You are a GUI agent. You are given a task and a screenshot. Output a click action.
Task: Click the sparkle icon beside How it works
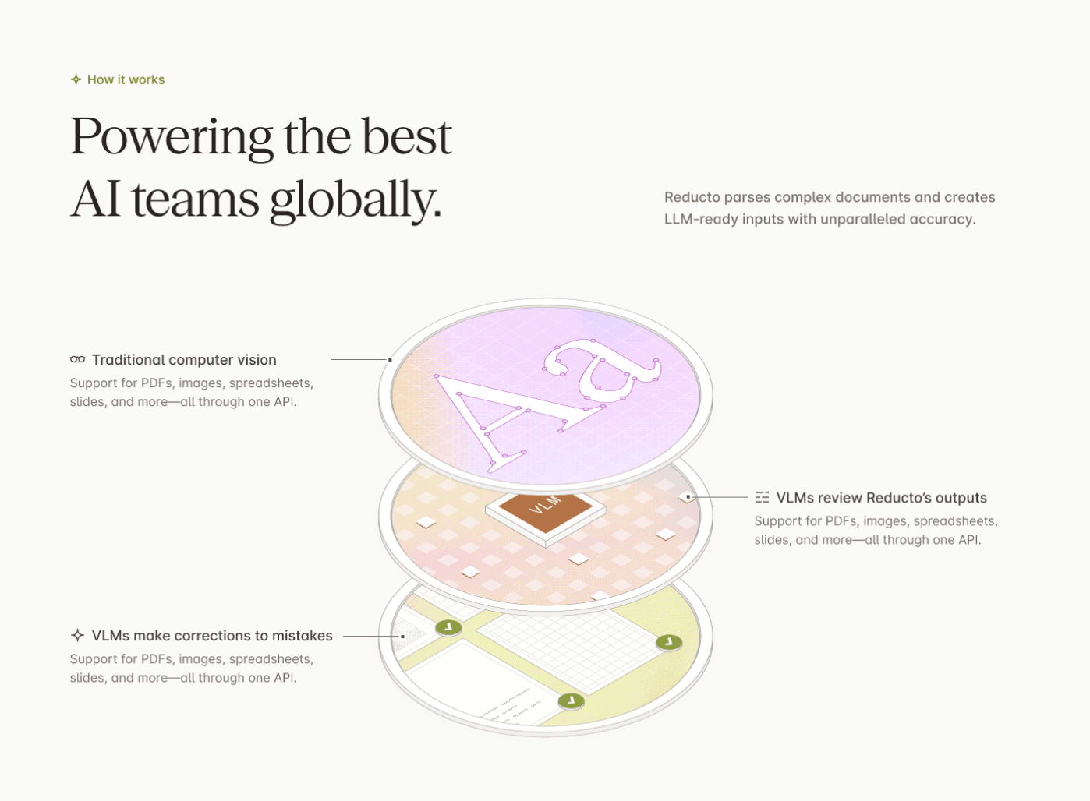(76, 79)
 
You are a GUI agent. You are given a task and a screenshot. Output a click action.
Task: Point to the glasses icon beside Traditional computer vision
(77, 359)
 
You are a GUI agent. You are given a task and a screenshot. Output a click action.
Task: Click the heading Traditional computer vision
(184, 360)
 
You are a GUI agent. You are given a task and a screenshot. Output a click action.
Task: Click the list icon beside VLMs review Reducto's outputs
(762, 497)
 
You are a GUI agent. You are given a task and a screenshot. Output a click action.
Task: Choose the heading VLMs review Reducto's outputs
(881, 498)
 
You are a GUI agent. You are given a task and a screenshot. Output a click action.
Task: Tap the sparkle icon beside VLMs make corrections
(77, 635)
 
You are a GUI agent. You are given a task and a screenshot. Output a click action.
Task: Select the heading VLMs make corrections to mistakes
(212, 636)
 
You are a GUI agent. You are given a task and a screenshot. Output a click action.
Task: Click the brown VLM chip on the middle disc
(546, 513)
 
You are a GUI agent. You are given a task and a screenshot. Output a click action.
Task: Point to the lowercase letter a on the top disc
(603, 373)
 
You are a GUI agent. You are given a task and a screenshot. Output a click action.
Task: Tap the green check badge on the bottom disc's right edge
(669, 643)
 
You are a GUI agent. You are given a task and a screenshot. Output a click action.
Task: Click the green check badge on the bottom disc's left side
(448, 627)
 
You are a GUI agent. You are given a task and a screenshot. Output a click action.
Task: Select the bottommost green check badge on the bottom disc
(571, 700)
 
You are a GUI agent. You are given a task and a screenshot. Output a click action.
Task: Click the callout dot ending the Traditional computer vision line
(390, 360)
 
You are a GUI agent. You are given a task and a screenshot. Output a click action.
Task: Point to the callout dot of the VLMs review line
(688, 496)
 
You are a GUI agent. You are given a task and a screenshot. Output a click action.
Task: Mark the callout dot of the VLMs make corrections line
(402, 636)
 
